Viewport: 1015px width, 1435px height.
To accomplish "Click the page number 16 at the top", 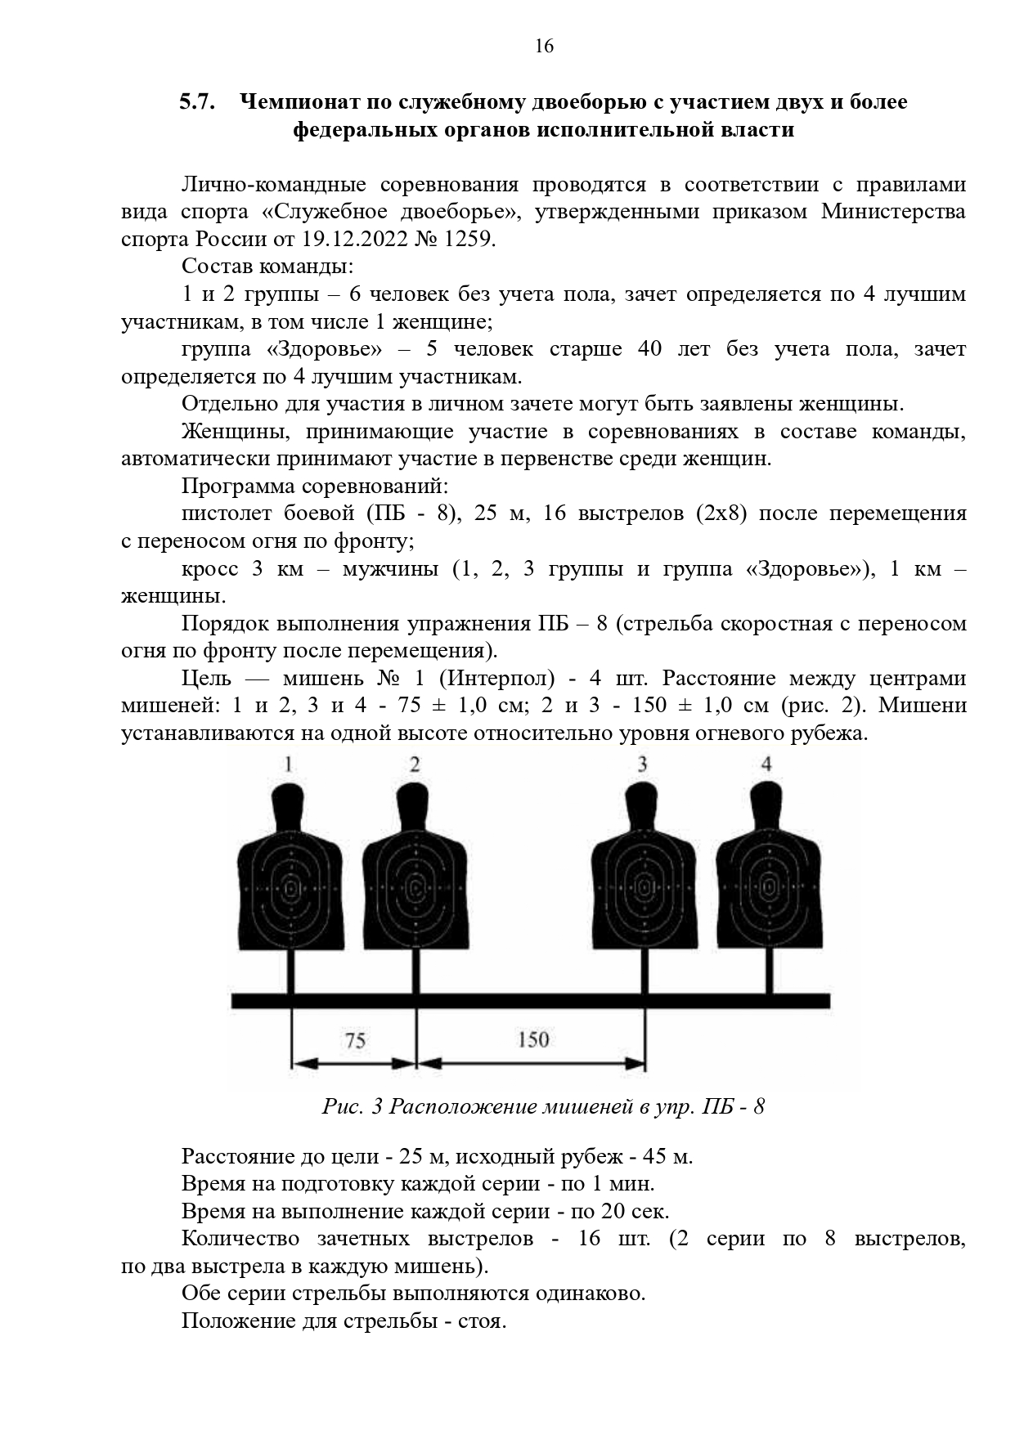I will (x=544, y=46).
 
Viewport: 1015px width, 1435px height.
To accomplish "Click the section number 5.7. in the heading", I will (x=197, y=102).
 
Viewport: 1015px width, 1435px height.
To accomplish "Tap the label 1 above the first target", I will (x=290, y=765).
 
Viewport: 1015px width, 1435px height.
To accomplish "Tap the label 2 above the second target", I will (x=415, y=765).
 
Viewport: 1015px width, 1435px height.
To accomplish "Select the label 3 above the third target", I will (x=643, y=765).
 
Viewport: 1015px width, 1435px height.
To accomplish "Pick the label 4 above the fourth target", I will (x=766, y=765).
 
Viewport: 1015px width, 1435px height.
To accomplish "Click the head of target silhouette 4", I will (x=768, y=805).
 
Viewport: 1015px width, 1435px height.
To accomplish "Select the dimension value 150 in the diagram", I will (x=533, y=1039).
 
